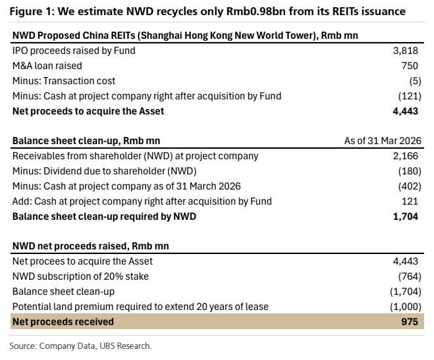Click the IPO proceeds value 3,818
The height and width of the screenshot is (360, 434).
tap(406, 51)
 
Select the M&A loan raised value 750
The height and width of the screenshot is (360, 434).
tap(410, 66)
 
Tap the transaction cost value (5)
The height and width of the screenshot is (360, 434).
tap(416, 81)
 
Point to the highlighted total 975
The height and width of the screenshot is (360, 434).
tap(410, 322)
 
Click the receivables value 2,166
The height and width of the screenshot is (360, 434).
tap(406, 156)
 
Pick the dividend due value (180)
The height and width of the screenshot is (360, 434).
tap(410, 171)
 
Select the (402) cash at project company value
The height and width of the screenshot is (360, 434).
tap(410, 186)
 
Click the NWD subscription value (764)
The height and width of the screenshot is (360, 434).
tap(410, 276)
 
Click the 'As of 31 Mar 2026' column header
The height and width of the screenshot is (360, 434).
tap(383, 141)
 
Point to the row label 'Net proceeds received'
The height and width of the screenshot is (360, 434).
tap(63, 322)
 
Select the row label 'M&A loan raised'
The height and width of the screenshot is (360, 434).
tap(47, 66)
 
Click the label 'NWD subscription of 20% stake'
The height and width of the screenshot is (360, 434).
tap(80, 276)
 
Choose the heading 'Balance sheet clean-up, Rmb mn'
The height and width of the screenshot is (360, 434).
tap(86, 141)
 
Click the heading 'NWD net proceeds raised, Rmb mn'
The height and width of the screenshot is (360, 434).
tap(91, 246)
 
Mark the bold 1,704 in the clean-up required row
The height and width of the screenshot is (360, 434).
tap(406, 217)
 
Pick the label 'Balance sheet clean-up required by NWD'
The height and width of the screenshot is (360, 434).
tap(104, 217)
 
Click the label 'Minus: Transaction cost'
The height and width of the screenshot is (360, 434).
tap(64, 81)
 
